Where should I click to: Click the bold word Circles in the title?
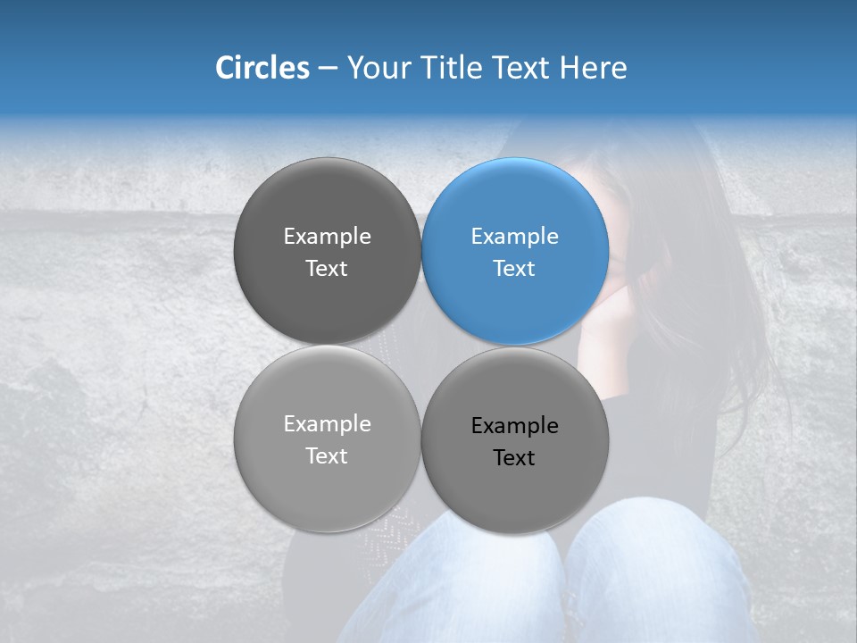click(262, 68)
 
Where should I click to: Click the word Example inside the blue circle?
click(515, 237)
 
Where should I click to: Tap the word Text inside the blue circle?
click(514, 269)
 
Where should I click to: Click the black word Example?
click(515, 426)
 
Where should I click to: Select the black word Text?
click(514, 458)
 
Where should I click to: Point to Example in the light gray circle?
click(327, 424)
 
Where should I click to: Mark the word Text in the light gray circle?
click(327, 456)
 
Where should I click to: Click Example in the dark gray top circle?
click(327, 237)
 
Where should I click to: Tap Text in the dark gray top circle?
click(327, 269)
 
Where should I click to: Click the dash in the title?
click(328, 69)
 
